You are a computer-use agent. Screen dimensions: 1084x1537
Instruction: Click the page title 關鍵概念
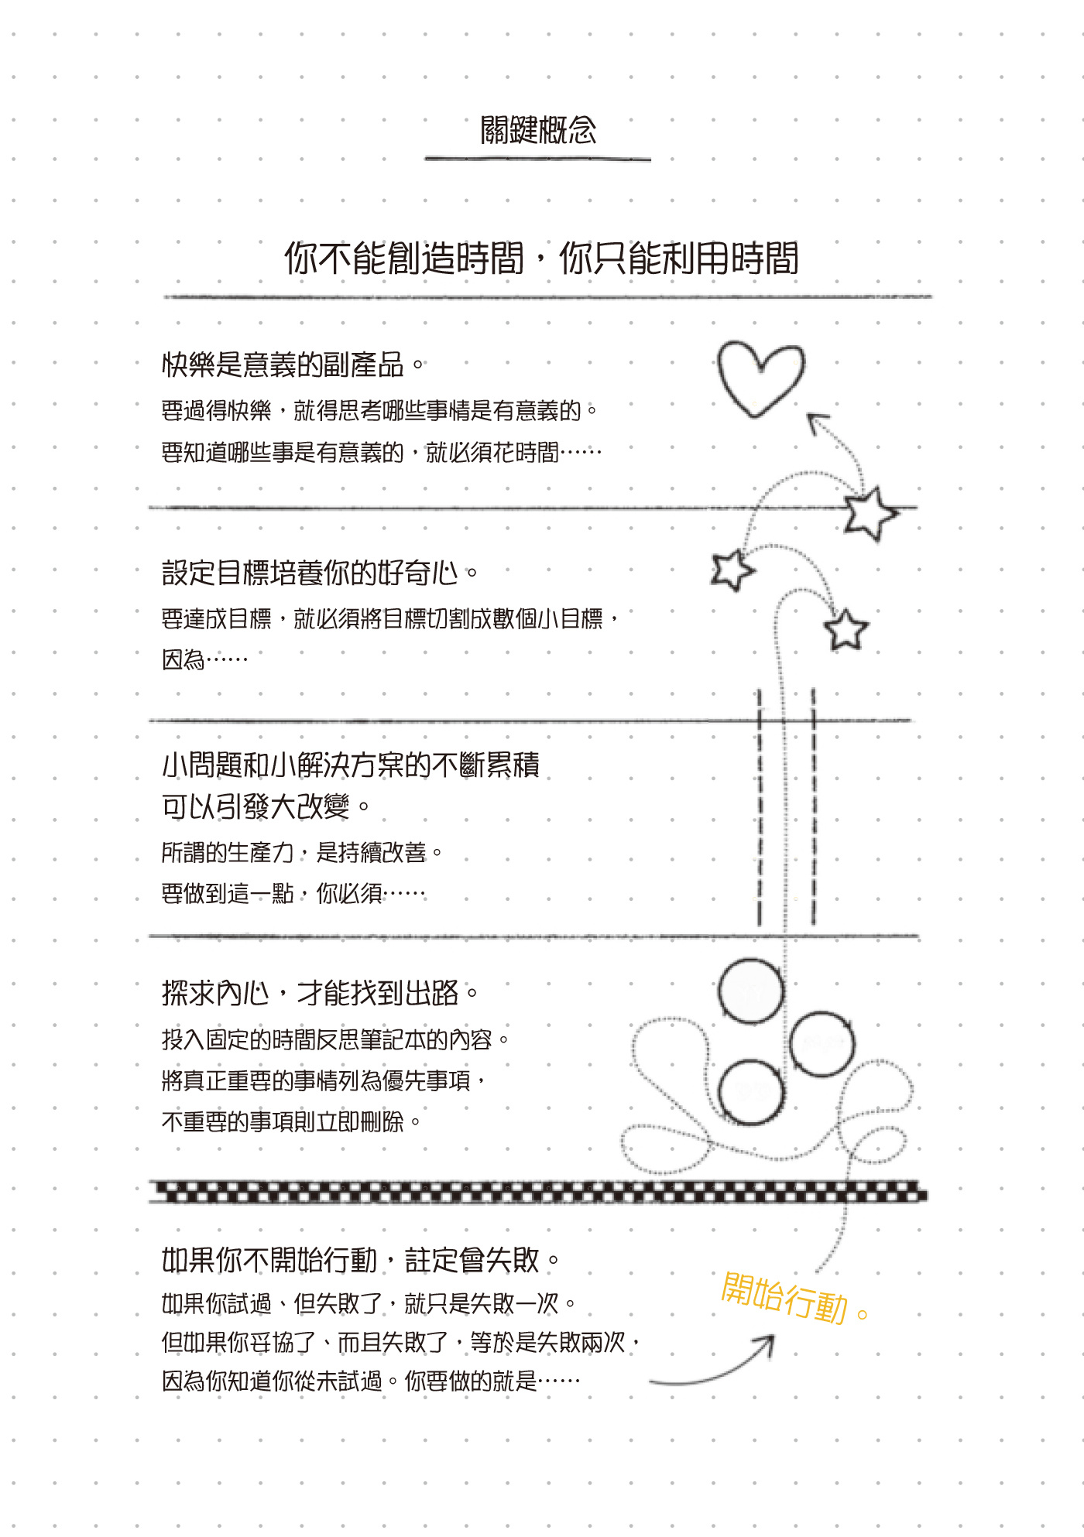(538, 130)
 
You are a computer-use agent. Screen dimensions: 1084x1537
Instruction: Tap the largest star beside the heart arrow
(870, 512)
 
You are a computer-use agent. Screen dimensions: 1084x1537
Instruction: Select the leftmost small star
(732, 570)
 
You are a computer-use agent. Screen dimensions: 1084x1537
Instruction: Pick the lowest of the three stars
(846, 630)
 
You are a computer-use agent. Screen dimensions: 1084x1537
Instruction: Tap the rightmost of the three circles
(822, 1044)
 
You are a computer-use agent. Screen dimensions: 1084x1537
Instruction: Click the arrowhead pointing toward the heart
(818, 423)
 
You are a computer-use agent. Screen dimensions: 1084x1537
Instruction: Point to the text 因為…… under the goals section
(204, 659)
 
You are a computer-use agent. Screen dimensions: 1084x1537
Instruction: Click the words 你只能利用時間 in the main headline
(678, 258)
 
